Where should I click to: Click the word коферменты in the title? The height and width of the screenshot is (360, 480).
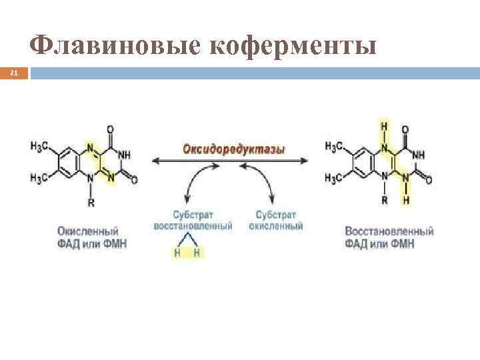click(x=293, y=45)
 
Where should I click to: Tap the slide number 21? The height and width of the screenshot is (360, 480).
click(x=13, y=73)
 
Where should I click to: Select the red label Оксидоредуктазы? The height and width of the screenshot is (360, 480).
click(x=233, y=149)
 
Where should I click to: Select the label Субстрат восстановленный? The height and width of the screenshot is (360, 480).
click(x=193, y=221)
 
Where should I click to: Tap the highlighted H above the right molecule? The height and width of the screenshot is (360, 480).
click(x=385, y=126)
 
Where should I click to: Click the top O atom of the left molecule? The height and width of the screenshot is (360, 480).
click(x=111, y=129)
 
